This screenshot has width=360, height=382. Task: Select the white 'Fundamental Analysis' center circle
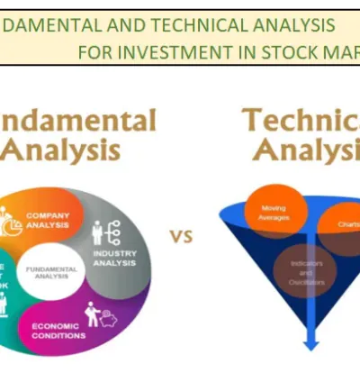click(x=51, y=270)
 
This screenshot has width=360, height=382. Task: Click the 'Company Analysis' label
click(x=48, y=221)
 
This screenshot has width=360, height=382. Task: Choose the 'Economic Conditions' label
click(x=59, y=331)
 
